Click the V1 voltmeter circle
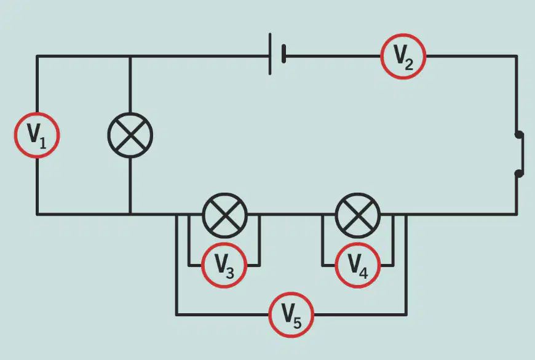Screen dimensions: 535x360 [x=37, y=135]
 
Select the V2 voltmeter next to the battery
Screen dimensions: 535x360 [x=403, y=57]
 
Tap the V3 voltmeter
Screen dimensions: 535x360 [x=224, y=265]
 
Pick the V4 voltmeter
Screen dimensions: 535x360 [x=357, y=265]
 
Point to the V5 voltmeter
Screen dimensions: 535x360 [x=291, y=314]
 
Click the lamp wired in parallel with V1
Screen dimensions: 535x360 [x=130, y=135]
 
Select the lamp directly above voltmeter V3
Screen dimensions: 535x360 [x=224, y=215]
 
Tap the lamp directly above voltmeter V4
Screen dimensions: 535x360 [x=357, y=215]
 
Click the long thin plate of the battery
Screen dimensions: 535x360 [x=270, y=54]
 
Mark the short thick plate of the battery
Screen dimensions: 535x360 [x=283, y=54]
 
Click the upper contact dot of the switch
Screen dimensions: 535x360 [x=518, y=135]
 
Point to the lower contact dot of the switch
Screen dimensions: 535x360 [x=518, y=174]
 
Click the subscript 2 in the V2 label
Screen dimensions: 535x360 [x=409, y=64]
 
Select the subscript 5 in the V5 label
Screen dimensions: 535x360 [x=297, y=322]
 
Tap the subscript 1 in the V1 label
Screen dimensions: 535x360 [x=42, y=143]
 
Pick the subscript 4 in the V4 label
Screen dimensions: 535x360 [x=363, y=273]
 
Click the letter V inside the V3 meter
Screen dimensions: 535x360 [x=221, y=263]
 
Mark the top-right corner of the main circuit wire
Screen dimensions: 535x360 [x=517, y=55]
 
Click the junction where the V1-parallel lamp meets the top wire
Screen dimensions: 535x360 [x=130, y=56]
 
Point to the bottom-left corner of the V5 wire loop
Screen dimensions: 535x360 [x=176, y=314]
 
